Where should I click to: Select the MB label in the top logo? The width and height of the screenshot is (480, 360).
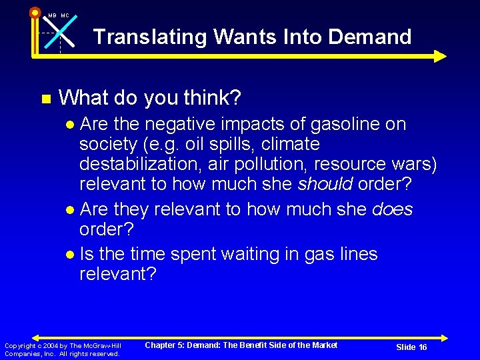pos(52,15)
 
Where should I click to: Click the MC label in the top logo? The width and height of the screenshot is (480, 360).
pos(65,15)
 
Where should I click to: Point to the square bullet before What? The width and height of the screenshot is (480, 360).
pos(45,99)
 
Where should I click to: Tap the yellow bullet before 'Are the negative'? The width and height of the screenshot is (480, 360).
pos(71,125)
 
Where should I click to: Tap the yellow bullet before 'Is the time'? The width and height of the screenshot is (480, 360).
pos(71,255)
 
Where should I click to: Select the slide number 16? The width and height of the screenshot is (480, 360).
pos(421,347)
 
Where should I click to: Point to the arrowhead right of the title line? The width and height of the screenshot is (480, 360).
pos(439,56)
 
